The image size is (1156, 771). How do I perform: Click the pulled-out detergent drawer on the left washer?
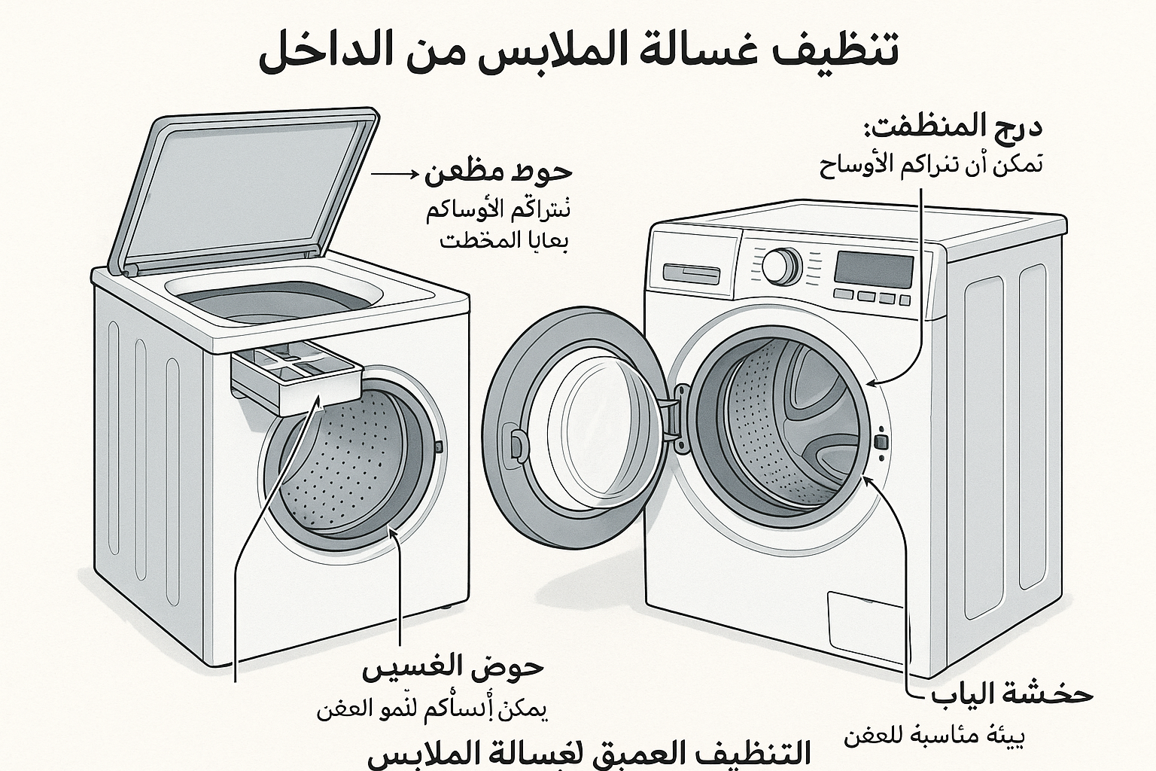297,380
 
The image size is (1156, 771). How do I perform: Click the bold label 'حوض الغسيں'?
454,668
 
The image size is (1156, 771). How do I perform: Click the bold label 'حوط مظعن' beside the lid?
498,173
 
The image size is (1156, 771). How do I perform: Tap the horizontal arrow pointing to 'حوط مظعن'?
394,174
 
